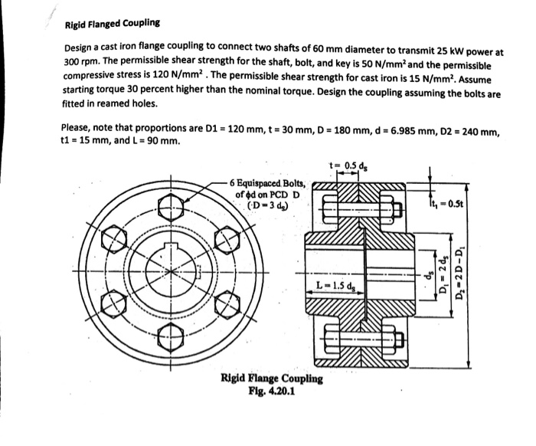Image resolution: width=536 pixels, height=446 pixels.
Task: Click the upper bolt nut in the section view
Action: [387, 208]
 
